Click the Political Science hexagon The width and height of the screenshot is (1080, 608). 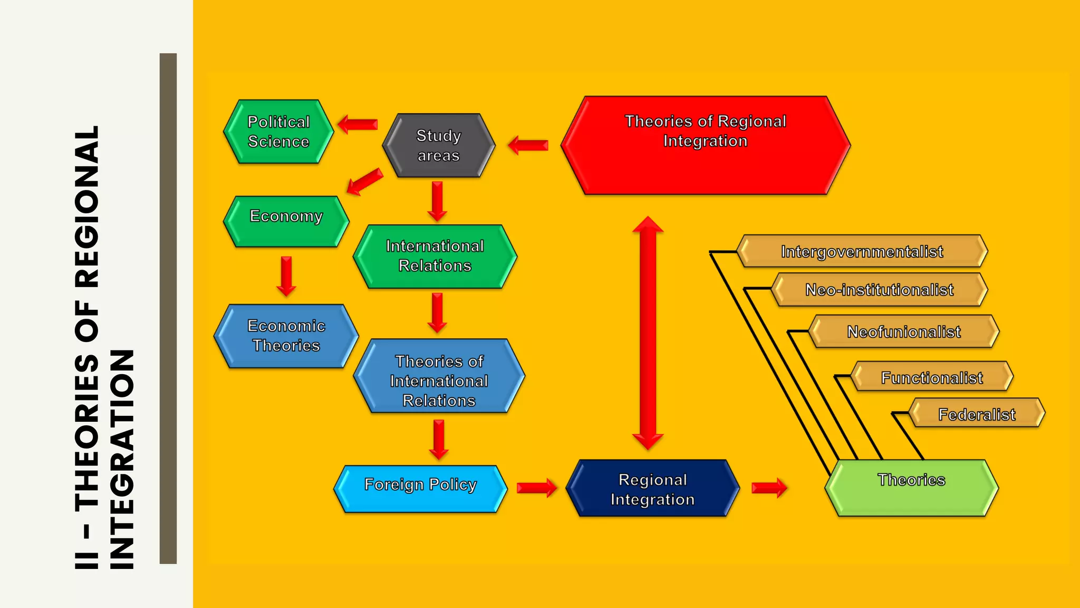tap(278, 132)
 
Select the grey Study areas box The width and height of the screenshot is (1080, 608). tap(439, 146)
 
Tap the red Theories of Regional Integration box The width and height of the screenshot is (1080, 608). tap(705, 145)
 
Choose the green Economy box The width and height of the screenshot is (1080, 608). tap(286, 221)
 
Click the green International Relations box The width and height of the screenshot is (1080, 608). tap(435, 256)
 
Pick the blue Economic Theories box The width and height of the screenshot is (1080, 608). tap(286, 336)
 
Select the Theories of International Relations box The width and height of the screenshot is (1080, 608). tap(439, 376)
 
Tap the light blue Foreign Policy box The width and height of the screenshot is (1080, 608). tap(420, 489)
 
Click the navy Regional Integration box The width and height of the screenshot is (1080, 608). tap(652, 489)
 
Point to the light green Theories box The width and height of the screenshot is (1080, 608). tap(911, 488)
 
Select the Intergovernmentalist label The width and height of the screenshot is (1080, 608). tap(862, 252)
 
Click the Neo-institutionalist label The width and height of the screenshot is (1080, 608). tap(879, 290)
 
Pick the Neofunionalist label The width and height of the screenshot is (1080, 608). tap(904, 332)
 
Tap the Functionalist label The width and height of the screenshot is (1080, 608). tap(932, 377)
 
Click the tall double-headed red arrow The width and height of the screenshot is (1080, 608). tap(648, 332)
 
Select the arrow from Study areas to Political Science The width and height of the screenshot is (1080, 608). tap(358, 125)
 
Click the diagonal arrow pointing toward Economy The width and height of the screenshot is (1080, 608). tap(364, 182)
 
